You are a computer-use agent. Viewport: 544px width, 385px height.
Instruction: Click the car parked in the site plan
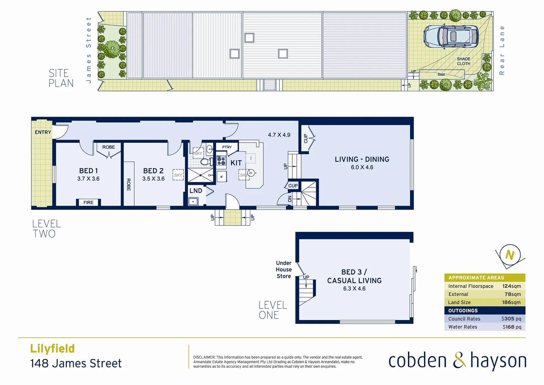coord(451,36)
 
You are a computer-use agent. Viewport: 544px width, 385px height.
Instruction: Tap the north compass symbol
coord(510,255)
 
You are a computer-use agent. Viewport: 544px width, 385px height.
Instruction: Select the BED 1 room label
coord(88,171)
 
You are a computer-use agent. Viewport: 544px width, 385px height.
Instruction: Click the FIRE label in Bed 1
coord(88,202)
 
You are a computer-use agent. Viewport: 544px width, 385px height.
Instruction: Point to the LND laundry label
coord(196,191)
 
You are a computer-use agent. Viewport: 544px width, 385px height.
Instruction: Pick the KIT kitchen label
coord(236,163)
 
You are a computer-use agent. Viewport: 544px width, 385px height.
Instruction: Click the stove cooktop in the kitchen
coord(221,160)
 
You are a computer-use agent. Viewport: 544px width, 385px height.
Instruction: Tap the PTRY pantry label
coord(227,147)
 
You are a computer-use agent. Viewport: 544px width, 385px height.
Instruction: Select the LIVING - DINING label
coord(362,159)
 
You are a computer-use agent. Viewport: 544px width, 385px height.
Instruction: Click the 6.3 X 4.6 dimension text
coord(354,288)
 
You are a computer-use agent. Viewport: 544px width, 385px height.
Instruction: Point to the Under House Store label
coord(284,269)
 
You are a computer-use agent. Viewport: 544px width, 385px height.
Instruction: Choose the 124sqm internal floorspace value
coord(511,286)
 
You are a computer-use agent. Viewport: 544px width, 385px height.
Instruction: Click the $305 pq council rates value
coord(511,319)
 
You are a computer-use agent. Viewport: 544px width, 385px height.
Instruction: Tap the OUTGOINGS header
coord(463,310)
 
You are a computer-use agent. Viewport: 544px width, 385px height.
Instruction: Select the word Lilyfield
coord(52,348)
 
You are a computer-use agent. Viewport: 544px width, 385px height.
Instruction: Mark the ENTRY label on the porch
coord(43,132)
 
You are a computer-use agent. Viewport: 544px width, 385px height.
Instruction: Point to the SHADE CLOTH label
coord(464,61)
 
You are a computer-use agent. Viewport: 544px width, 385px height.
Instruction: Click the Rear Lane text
coord(502,50)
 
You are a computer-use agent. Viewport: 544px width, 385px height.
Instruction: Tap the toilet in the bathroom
coord(205,162)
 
